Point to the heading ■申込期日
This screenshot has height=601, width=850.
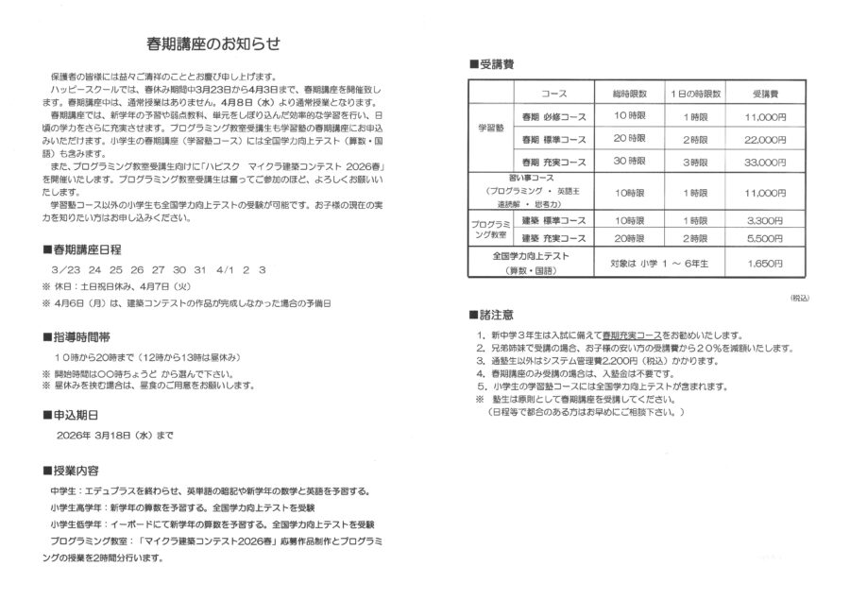(71, 415)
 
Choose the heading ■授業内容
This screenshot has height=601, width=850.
(71, 470)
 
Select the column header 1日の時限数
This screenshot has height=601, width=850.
(696, 95)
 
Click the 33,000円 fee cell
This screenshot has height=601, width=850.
(766, 162)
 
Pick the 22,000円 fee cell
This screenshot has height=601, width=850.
(766, 139)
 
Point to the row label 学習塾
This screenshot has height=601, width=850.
(491, 127)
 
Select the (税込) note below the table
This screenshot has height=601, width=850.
(798, 298)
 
